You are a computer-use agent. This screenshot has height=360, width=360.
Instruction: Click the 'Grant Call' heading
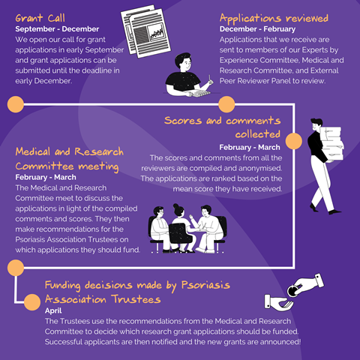[x=40, y=18]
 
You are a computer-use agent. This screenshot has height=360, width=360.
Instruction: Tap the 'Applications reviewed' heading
[x=274, y=19]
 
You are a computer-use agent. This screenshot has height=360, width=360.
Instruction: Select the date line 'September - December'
[x=57, y=29]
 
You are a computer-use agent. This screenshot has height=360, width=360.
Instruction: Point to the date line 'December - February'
[x=257, y=29]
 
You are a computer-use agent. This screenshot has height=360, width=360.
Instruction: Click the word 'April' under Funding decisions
[x=53, y=310]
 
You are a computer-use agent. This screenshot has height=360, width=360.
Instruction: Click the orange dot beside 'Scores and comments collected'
[x=294, y=141]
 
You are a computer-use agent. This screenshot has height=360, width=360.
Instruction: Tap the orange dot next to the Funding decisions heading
[x=32, y=302]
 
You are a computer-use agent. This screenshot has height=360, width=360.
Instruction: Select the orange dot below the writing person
[x=226, y=104]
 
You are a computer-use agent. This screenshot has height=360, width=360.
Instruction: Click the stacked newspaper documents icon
[x=145, y=31]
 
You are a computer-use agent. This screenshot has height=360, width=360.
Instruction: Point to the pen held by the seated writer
[x=210, y=78]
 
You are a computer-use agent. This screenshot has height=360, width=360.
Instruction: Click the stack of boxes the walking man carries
[x=331, y=143]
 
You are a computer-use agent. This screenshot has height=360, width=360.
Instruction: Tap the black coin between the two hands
[x=292, y=291]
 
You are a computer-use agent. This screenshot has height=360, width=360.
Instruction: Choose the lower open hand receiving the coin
[x=278, y=302]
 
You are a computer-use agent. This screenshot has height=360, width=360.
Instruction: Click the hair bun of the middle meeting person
[x=176, y=206]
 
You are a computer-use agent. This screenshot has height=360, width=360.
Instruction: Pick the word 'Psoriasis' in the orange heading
[x=205, y=285]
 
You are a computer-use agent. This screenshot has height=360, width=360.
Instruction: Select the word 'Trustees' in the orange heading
[x=136, y=299]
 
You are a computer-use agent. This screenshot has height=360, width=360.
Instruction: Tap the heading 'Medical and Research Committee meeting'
[x=70, y=159]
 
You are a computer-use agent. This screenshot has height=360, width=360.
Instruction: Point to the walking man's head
[x=316, y=124]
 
